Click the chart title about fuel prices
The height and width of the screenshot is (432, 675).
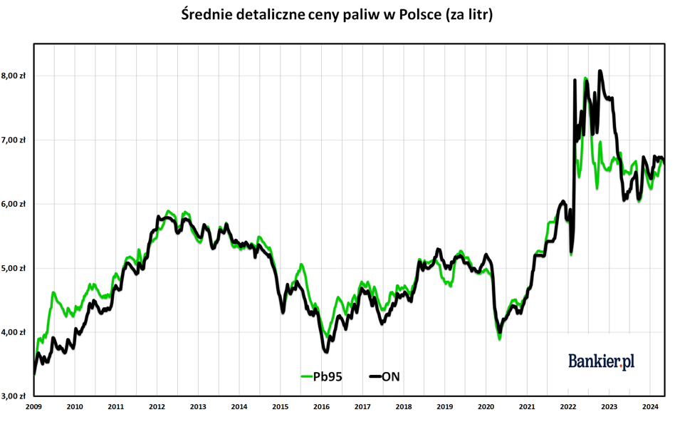(337, 14)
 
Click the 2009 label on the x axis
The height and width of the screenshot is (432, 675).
(34, 407)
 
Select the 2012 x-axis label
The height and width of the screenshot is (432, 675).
(157, 407)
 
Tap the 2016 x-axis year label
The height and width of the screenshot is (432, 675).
(321, 407)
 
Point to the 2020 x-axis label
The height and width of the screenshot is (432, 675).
(486, 407)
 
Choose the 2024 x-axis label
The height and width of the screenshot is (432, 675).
(649, 407)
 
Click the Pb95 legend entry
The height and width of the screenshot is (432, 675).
(322, 376)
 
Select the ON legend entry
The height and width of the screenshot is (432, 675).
(384, 376)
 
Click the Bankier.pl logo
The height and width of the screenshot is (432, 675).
(601, 361)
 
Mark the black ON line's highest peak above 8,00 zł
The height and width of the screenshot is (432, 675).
(600, 71)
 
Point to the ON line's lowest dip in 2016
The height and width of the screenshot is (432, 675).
(326, 351)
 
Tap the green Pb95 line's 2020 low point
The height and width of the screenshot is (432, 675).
(499, 339)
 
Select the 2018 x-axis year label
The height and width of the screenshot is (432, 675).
(403, 407)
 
